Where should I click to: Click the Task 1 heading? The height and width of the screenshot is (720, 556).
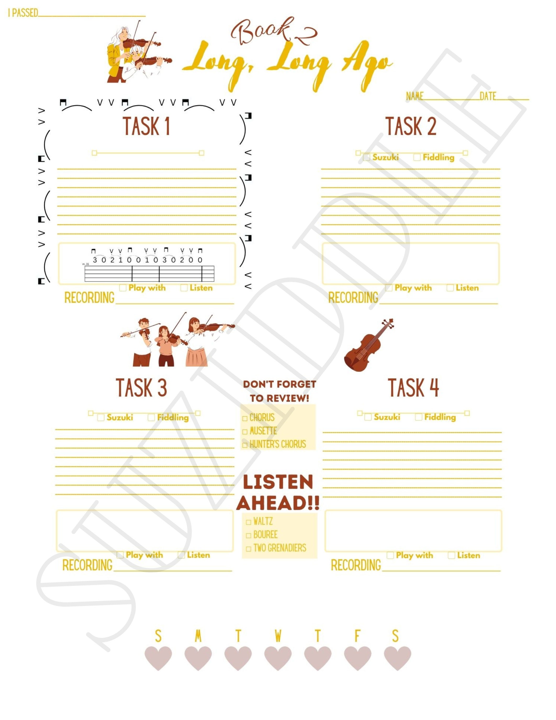[146, 126]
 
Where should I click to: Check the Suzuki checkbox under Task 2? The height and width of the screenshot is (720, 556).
[366, 158]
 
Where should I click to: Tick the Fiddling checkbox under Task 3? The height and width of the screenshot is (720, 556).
[151, 417]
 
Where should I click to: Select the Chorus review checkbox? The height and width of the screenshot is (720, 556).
[245, 418]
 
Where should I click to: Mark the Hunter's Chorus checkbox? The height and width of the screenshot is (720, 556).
[245, 445]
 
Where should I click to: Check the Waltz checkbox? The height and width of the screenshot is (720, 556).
[248, 522]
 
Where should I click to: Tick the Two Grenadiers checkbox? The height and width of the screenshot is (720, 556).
[248, 549]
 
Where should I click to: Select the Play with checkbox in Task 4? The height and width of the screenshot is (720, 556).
[390, 556]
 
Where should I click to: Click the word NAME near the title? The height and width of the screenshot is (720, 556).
[414, 96]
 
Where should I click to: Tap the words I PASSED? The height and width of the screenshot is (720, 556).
[23, 13]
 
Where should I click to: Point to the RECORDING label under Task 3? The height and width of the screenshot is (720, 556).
[87, 565]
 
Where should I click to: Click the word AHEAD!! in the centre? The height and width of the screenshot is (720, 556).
[278, 503]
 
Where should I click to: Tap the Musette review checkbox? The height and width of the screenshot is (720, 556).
[245, 432]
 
